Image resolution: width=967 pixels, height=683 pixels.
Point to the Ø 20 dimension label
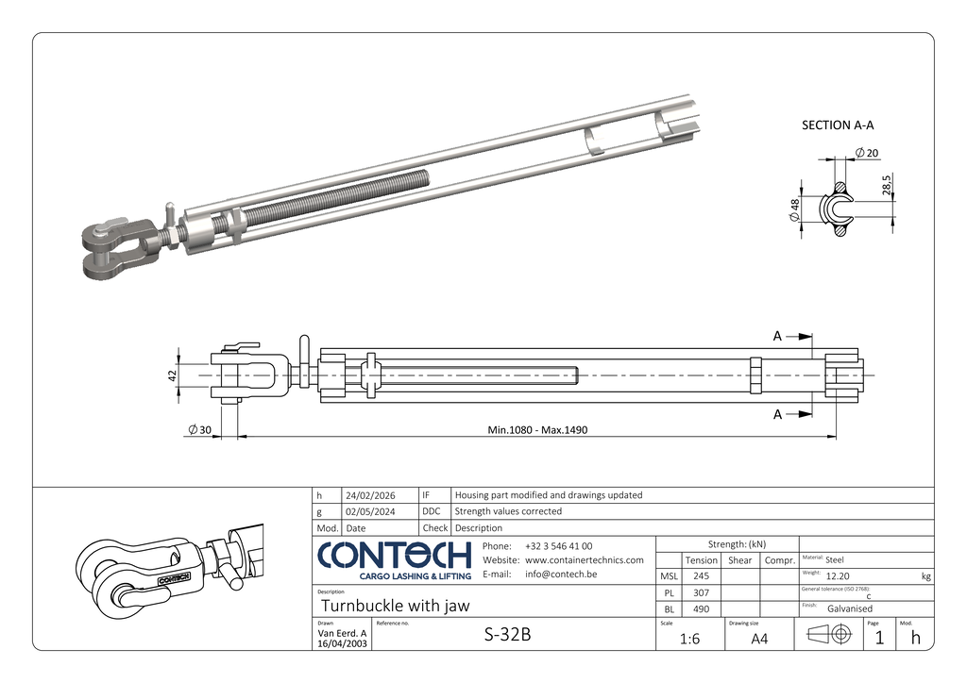coord(866,153)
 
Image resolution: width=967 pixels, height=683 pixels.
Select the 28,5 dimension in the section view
coord(888,185)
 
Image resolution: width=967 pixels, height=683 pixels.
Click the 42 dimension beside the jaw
coord(173,375)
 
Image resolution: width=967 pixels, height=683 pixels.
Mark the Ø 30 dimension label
coord(199,430)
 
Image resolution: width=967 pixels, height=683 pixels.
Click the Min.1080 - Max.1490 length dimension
coord(537,430)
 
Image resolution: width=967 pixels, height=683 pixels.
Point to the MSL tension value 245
coord(701,575)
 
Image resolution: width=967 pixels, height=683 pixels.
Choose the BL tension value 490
coord(701,608)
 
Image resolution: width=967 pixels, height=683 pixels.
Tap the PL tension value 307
coord(701,591)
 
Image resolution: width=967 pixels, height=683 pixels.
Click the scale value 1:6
coord(689,639)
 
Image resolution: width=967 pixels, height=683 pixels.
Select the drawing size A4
coord(759,639)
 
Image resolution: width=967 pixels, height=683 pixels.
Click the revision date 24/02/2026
coord(370,495)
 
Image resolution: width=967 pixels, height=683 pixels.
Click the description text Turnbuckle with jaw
coord(396,606)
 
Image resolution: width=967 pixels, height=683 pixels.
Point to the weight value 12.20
coord(838,575)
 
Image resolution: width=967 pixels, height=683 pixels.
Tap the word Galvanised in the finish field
coord(850,608)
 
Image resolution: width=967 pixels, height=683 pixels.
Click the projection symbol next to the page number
coord(830,636)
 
